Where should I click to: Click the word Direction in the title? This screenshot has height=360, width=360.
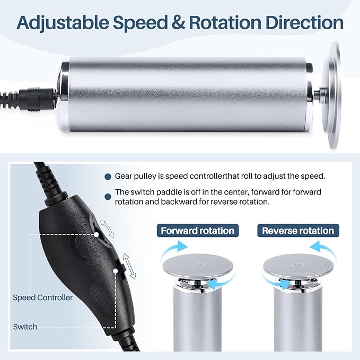(304, 22)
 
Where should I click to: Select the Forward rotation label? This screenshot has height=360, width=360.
(197, 231)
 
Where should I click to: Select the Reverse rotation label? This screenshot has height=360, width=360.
(298, 231)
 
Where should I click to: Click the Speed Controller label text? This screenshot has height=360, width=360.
(43, 297)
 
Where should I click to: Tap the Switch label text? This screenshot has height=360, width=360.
(25, 327)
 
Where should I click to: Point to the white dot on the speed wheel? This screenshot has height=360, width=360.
(96, 235)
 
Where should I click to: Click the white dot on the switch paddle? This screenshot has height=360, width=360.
(116, 271)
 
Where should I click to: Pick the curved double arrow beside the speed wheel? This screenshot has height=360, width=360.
(107, 229)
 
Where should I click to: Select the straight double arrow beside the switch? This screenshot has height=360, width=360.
(129, 266)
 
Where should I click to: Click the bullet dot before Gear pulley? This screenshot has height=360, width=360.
(108, 177)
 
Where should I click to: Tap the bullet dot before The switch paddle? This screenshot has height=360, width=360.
(108, 197)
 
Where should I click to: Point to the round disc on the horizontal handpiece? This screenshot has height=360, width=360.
(332, 94)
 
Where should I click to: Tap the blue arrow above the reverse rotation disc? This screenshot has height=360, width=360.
(324, 249)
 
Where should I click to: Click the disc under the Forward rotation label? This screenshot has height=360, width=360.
(198, 266)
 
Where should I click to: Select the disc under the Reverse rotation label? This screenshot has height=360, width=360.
(298, 266)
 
